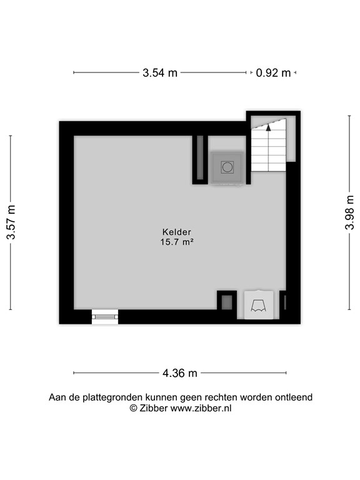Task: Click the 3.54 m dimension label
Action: pos(160,72)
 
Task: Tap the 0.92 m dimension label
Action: pos(273,72)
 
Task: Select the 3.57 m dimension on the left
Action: pos(11,223)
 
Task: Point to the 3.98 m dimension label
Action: pos(350,212)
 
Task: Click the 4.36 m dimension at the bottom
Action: pos(180,373)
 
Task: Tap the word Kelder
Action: pos(176,231)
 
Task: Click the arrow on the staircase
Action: pos(268,126)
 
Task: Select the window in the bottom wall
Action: pos(104,317)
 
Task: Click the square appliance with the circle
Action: pos(226,167)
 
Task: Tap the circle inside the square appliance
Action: pos(226,167)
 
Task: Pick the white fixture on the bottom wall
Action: pos(258,305)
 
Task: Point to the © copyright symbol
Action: pos(132,407)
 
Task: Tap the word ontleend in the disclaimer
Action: pos(294,397)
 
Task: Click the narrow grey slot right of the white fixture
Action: pos(284,302)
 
